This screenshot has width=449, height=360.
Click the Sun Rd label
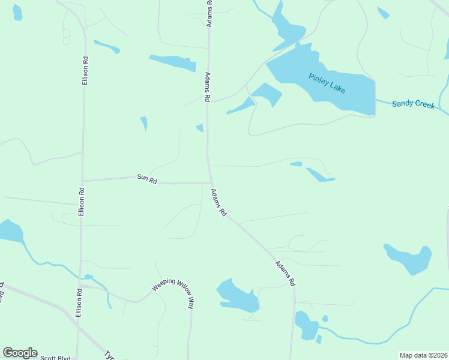147,178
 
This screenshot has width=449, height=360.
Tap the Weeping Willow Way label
173,292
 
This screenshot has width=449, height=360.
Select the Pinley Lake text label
328,83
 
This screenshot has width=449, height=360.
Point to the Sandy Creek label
413,104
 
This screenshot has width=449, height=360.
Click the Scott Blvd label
55,358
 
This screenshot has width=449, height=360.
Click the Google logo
20,353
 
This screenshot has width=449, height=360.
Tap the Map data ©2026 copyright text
423,355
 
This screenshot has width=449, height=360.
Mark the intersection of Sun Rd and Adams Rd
210,182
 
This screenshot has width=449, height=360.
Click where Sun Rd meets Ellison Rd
82,180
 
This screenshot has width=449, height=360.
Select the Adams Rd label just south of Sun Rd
218,202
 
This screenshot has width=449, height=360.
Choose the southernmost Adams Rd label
285,274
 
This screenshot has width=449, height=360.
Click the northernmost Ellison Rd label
86,70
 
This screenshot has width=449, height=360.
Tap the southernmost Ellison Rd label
78,303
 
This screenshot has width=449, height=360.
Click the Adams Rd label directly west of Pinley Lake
208,86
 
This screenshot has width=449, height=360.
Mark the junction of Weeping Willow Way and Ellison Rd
80,286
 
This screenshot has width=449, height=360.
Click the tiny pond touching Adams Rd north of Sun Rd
200,127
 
